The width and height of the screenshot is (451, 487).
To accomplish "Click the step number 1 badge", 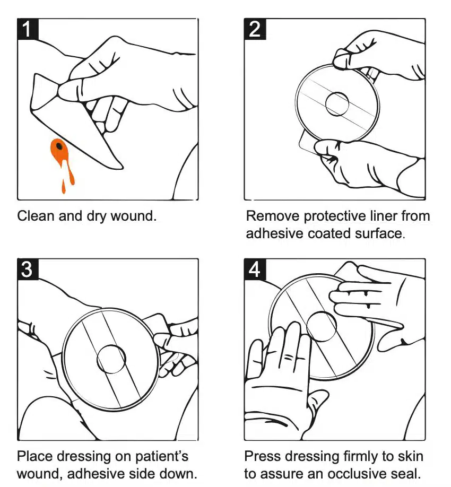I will [28, 29].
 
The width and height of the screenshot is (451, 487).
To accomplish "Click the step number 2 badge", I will [255, 29].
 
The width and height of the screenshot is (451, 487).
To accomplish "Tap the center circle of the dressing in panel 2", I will [337, 102].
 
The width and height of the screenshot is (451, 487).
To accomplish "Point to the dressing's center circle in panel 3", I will [111, 359].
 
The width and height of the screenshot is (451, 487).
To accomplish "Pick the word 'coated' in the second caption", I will [328, 233].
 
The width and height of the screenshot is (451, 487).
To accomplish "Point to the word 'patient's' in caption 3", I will [162, 456].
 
